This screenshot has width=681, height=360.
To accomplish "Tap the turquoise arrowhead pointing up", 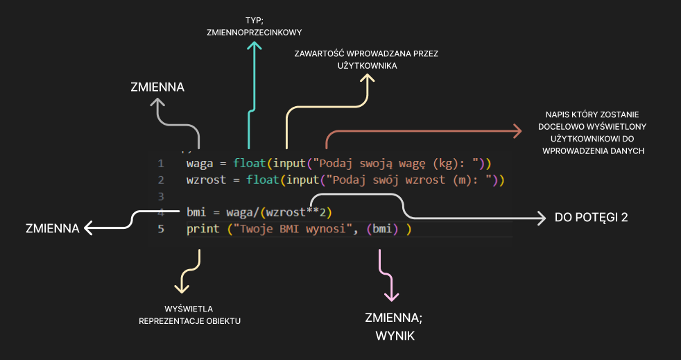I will [x=255, y=47].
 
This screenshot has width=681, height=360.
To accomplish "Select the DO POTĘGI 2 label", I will [x=591, y=217].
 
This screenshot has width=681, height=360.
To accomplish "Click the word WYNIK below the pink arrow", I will [x=394, y=336].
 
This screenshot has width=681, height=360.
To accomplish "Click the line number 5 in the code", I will [x=161, y=228].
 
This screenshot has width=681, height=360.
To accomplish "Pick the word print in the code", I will [x=202, y=228].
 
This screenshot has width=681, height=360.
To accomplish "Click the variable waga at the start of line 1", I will [x=200, y=164].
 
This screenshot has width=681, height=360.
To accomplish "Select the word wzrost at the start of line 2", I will [x=205, y=180].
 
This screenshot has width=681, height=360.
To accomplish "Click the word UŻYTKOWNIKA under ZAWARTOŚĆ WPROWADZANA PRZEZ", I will [x=365, y=66].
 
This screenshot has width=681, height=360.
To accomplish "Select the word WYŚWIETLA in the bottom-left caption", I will [x=189, y=308].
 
